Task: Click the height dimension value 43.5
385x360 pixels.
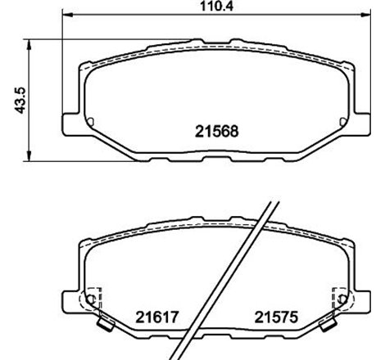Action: (x=11, y=98)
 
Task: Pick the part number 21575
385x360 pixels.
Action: (x=273, y=316)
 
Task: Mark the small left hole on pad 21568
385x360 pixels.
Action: (x=91, y=124)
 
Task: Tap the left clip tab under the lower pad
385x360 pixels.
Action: (x=103, y=328)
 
